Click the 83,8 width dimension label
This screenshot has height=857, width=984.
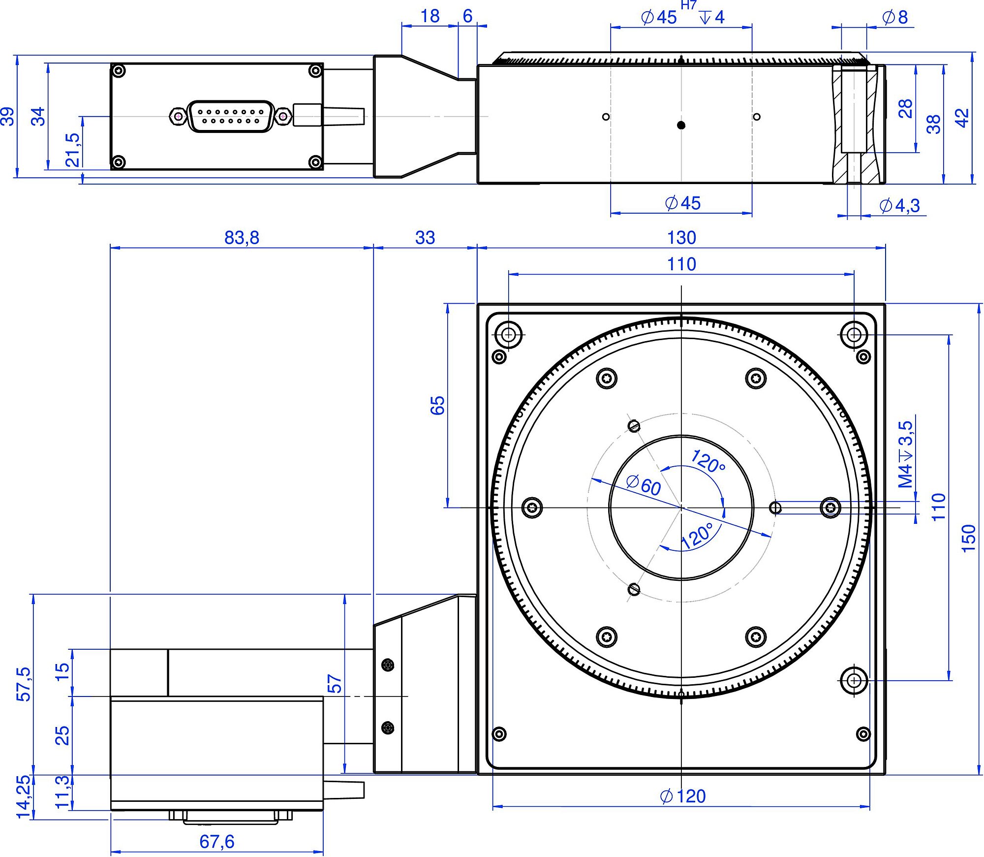point(242,238)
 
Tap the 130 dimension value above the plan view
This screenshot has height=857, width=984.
point(681,238)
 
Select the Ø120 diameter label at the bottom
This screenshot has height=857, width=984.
point(683,796)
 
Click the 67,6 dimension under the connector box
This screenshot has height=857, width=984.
point(217,841)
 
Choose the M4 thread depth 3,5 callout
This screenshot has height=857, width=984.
point(905,454)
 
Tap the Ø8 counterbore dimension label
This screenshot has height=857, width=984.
point(895,17)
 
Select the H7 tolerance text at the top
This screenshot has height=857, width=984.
point(688,5)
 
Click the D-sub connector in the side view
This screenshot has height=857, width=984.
point(230,117)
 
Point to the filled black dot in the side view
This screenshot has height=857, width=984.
point(681,125)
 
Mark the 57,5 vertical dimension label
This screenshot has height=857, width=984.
point(23,684)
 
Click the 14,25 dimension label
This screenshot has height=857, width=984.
point(23,796)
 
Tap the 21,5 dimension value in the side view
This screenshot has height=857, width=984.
point(72,150)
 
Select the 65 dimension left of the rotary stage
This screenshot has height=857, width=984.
point(437,406)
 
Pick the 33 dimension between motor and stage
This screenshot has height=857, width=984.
point(425,238)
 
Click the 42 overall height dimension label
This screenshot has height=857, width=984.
point(962,118)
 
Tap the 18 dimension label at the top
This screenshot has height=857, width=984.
point(430,16)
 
